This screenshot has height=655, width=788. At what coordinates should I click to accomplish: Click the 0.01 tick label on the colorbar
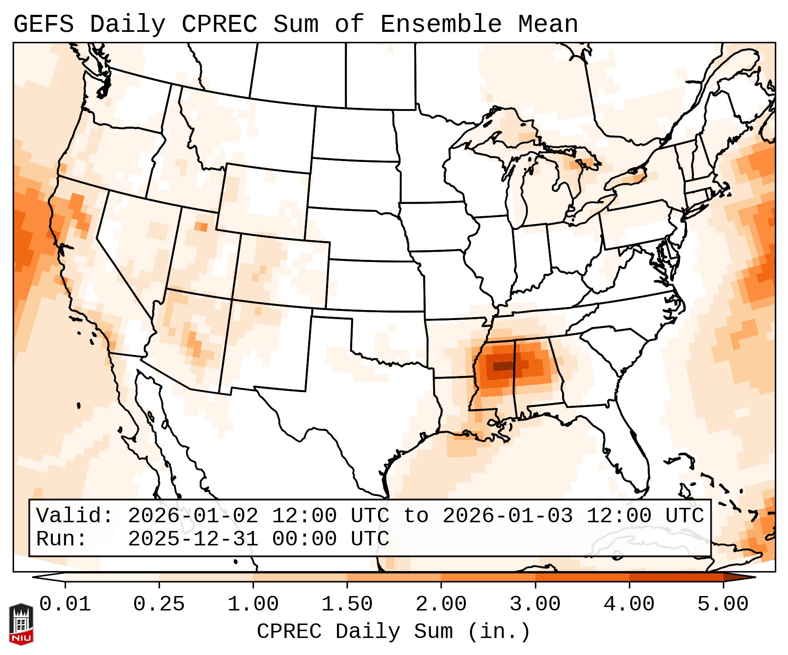[65, 605]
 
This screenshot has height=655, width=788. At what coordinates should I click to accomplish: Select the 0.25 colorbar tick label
[159, 605]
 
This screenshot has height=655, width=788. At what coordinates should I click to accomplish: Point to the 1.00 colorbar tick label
[253, 605]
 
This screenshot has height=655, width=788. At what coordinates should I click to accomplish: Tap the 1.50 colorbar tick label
[347, 605]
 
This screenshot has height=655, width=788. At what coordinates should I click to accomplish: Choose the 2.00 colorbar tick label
[441, 605]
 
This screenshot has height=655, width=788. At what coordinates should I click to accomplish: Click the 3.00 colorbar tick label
[535, 605]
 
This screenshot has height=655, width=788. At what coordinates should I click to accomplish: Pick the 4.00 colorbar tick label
[629, 605]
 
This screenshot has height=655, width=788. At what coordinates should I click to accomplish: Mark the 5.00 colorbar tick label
[723, 605]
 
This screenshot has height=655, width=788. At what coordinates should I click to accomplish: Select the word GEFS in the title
[44, 24]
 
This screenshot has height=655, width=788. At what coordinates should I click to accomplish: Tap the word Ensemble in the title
[441, 24]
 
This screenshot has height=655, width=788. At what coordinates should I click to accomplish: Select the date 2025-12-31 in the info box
[193, 539]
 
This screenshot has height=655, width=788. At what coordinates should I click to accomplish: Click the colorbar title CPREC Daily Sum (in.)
[393, 631]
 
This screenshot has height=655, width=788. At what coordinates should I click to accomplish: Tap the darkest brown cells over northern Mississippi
[503, 366]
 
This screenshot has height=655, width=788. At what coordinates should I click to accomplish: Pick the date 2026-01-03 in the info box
[507, 516]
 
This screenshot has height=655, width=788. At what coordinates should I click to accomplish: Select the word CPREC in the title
[219, 24]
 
